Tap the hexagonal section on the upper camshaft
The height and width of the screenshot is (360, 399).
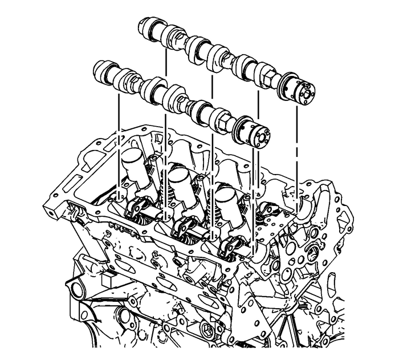point(263,71)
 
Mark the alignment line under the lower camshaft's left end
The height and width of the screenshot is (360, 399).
point(119,137)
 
